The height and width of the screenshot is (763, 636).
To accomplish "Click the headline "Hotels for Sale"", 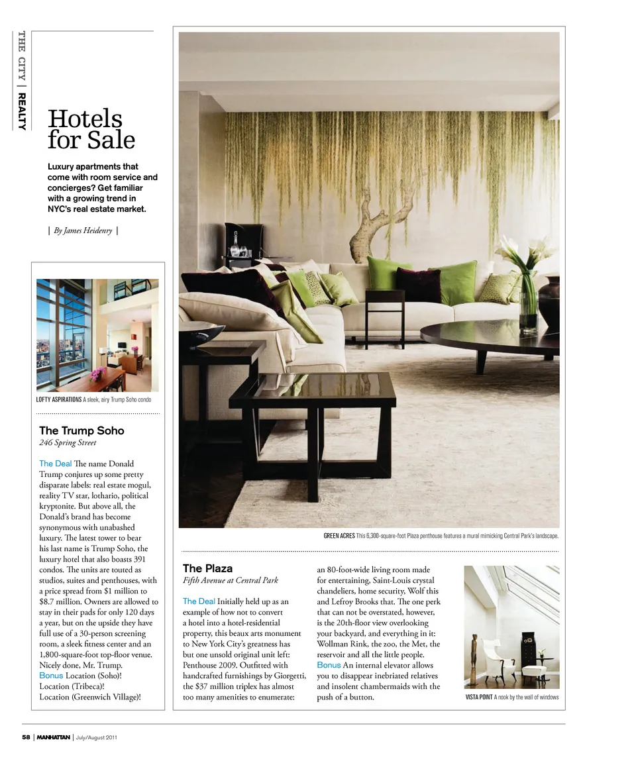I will point(91,130).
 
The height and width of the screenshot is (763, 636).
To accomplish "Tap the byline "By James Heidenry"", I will point(83,230).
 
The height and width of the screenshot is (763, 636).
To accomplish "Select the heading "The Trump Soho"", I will point(81,431).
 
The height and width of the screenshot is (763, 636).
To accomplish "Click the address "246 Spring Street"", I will point(68,443).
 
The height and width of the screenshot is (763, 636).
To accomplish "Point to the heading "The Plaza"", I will point(207,568).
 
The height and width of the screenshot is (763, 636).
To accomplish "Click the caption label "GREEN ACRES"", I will point(339,536).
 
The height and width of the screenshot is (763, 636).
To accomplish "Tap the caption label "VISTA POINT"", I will point(478,697).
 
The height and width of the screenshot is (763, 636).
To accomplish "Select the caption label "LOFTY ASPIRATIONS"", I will point(59,400).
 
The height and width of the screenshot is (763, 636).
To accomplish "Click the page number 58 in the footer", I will point(26,737).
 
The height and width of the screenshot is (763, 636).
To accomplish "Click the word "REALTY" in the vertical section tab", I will point(22,111).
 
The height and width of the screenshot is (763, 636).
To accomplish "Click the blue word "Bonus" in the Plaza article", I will point(329,665).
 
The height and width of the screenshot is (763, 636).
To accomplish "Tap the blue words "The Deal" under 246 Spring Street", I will point(55,464).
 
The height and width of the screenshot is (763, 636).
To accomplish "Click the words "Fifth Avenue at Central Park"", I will point(230,581).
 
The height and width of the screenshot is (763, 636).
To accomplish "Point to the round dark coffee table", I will point(490,334).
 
